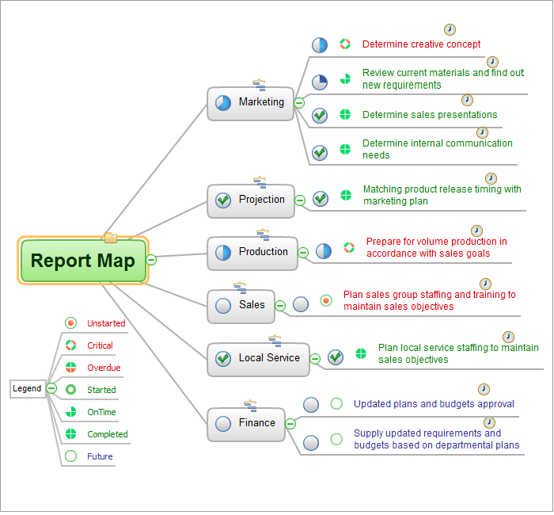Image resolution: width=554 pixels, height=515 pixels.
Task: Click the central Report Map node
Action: [82, 261]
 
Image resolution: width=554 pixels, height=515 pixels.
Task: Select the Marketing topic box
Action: [251, 103]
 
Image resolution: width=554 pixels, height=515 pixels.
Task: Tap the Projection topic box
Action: [251, 200]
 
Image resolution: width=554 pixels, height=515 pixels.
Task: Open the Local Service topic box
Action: [258, 358]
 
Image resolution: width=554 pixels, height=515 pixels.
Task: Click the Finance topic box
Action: [245, 424]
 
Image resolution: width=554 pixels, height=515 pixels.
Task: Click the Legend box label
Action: [27, 388]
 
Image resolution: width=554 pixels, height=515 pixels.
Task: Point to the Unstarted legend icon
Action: [70, 323]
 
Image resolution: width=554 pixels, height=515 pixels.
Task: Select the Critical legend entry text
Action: [100, 345]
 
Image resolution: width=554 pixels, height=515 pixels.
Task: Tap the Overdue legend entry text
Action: [103, 368]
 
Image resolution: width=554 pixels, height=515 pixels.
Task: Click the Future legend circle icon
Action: [70, 456]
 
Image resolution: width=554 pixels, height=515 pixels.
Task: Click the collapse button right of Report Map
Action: [152, 260]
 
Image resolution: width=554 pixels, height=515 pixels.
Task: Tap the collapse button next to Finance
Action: [290, 424]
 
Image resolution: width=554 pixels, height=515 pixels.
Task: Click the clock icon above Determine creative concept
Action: [450, 29]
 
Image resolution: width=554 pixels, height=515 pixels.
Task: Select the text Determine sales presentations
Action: [430, 115]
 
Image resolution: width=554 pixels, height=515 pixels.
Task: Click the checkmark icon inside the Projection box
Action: [223, 200]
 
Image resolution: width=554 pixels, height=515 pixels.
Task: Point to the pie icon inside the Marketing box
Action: [223, 103]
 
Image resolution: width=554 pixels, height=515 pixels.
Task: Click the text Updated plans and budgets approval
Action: [434, 404]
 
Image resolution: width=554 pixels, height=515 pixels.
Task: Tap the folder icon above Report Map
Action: [110, 237]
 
